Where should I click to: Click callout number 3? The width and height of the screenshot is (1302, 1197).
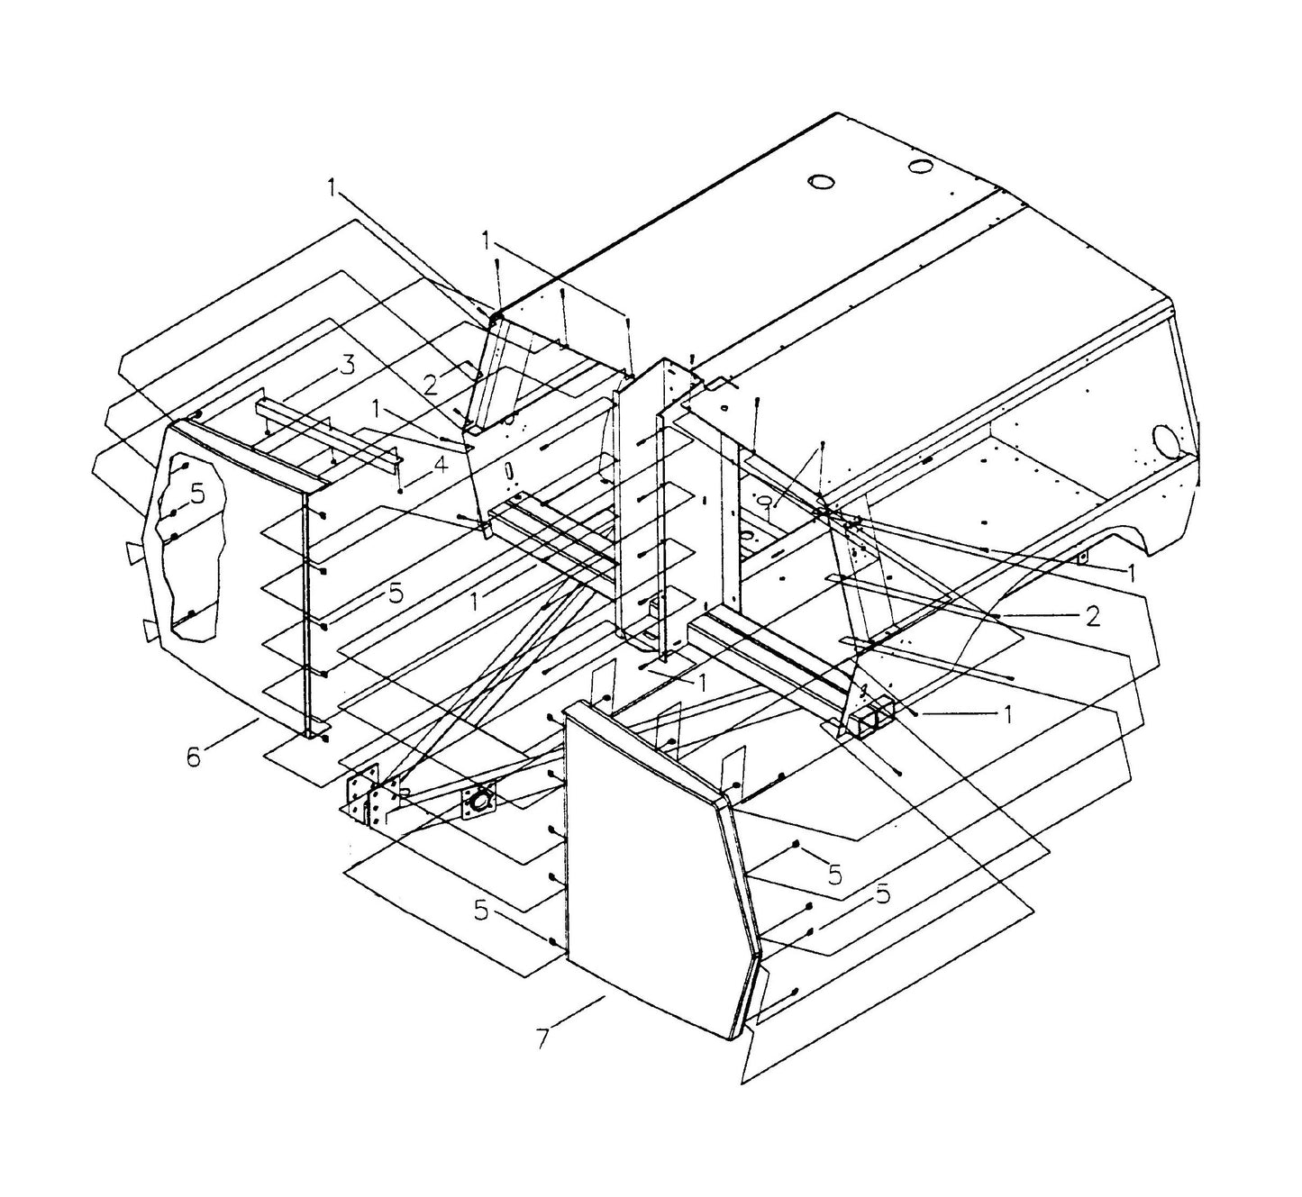click(347, 367)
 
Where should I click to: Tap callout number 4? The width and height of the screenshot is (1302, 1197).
click(439, 467)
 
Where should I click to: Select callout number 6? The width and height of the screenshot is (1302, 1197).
click(194, 757)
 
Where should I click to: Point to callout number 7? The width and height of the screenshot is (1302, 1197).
click(542, 1038)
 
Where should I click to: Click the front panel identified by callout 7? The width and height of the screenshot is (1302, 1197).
click(649, 865)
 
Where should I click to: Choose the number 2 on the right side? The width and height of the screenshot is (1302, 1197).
click(1092, 616)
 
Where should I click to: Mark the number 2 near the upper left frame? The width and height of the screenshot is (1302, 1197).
click(431, 385)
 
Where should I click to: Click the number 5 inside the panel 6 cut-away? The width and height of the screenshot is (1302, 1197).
click(197, 494)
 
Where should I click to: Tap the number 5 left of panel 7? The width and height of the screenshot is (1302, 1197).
click(482, 911)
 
